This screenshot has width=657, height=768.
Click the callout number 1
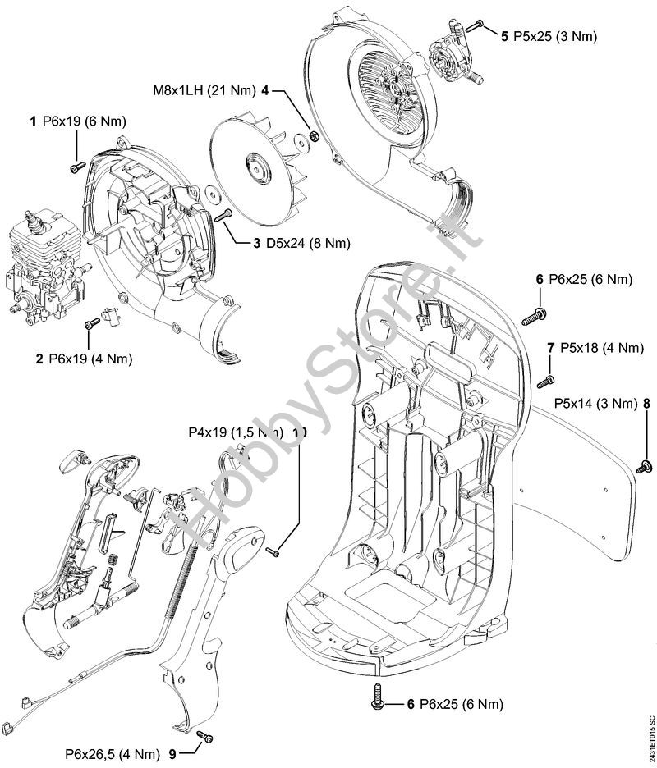pos(34,121)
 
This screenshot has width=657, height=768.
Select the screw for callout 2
pos(92,323)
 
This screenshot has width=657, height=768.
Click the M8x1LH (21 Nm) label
pos(204,90)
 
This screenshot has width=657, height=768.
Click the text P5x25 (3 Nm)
pos(555,36)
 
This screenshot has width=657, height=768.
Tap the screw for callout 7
pos(547,382)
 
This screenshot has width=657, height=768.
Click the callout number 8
pos(646,403)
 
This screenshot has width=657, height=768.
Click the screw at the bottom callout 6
pos(379,696)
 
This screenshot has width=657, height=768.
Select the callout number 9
pos(172,754)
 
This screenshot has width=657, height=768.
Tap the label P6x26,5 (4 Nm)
pos(113,754)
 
